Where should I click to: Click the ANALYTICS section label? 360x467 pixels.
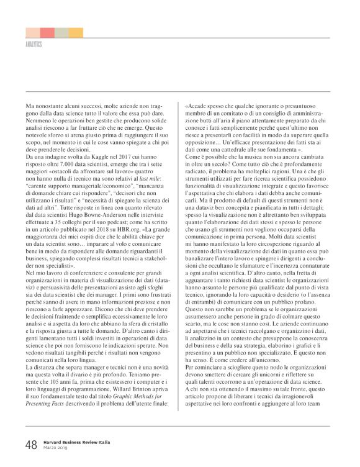click(x=34, y=45)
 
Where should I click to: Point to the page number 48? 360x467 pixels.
click(x=31, y=444)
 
